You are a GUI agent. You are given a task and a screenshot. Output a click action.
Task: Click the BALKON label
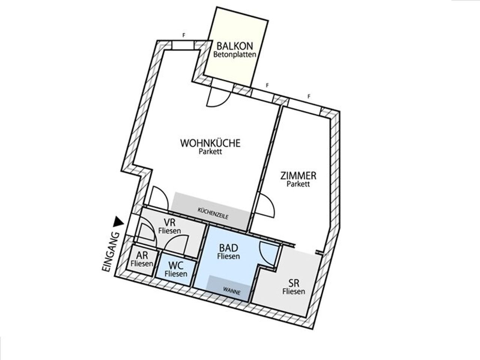(235, 46)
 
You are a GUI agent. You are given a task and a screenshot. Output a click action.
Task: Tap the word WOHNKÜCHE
(210, 143)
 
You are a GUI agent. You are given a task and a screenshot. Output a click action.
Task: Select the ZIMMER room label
(298, 176)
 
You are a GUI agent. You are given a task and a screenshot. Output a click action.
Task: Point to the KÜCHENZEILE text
(213, 213)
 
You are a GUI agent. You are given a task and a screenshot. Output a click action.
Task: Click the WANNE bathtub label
(232, 291)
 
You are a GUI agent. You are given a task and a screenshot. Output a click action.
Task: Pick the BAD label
(228, 248)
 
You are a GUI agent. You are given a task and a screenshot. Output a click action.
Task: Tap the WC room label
(176, 266)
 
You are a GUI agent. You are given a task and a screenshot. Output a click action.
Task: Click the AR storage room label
(142, 255)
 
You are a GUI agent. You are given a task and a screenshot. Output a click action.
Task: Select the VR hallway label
(169, 222)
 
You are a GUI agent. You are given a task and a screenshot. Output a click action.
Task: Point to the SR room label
(294, 283)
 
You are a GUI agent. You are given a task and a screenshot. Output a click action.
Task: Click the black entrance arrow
(118, 222)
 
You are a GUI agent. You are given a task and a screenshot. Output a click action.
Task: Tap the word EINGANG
(110, 252)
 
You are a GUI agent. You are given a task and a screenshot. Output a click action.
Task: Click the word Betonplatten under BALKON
(235, 54)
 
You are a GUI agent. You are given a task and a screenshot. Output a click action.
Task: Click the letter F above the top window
(184, 35)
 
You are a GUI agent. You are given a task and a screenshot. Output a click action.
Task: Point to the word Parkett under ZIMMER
(298, 184)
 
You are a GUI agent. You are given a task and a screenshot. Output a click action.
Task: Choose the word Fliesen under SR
(294, 291)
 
